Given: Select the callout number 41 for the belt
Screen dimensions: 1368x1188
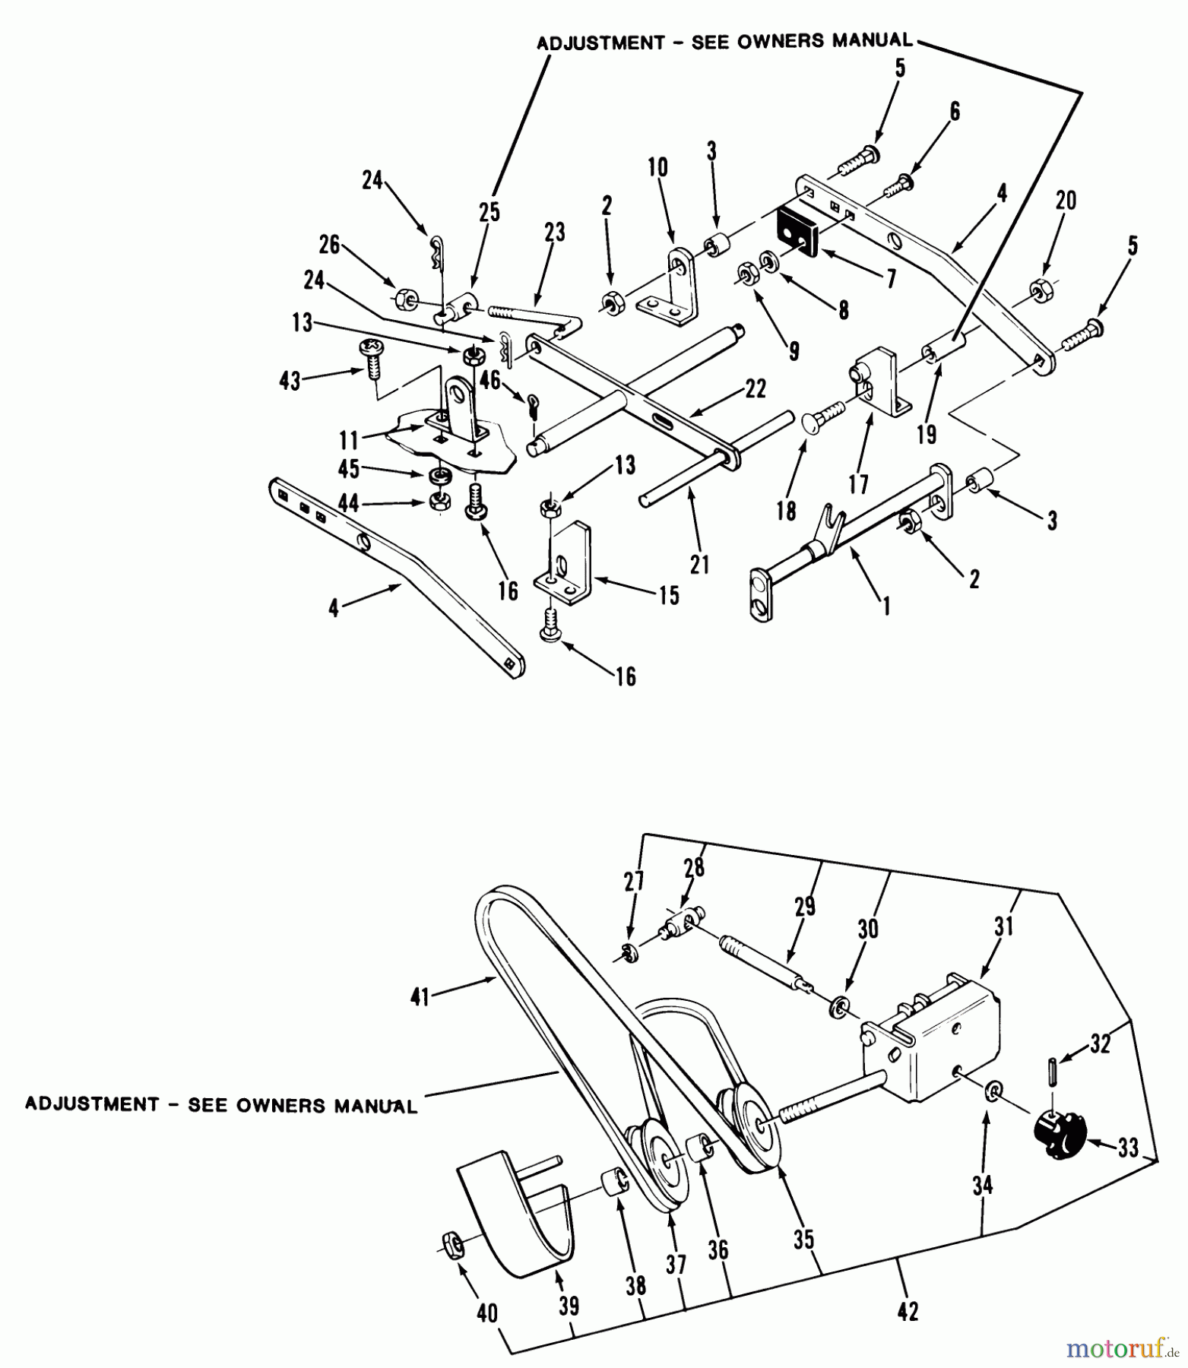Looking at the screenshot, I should [420, 996].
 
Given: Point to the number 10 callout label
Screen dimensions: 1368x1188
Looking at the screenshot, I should [658, 167].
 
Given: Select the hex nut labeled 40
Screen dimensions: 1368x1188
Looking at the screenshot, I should [451, 1243].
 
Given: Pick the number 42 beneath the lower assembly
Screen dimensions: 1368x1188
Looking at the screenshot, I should [908, 1311].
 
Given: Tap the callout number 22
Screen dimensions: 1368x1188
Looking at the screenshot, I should [756, 389].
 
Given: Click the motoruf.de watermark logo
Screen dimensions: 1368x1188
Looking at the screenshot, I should [1115, 1349].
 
